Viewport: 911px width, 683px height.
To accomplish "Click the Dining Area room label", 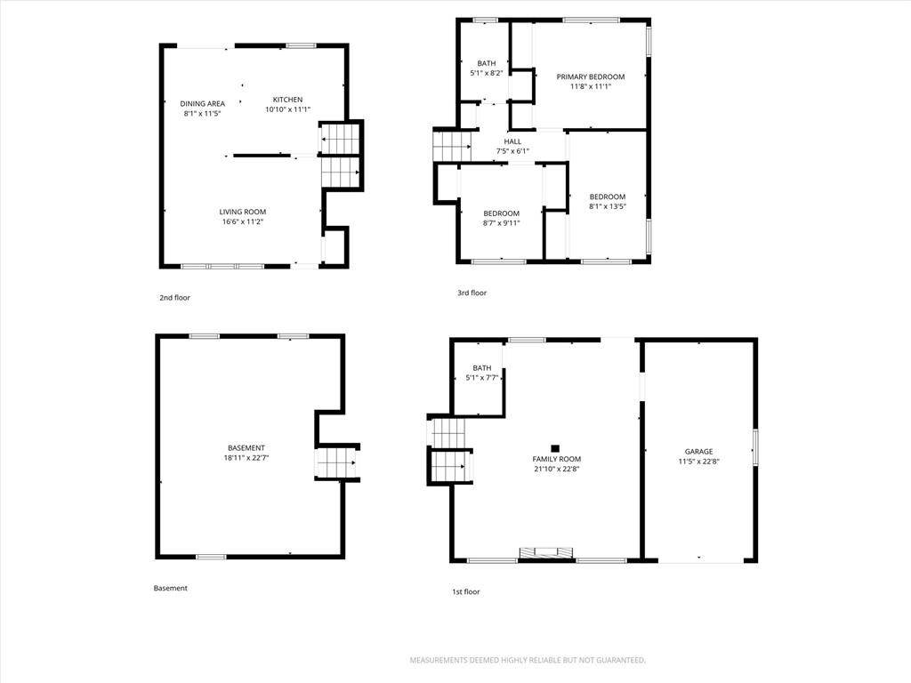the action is [202, 104].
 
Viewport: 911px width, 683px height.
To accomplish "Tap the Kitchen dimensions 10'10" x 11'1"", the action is [288, 109].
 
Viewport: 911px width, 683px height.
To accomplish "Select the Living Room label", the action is [243, 212].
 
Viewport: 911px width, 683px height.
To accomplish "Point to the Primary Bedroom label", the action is [591, 76].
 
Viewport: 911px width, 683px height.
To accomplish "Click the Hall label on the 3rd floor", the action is [512, 141].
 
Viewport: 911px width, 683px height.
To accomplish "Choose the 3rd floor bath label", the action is [487, 63].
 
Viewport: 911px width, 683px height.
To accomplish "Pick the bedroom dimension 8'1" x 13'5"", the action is [608, 206].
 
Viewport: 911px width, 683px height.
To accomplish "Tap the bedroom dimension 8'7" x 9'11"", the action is [502, 223].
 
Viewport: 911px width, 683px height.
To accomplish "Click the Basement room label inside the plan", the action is [246, 448].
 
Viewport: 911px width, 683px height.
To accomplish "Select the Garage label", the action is [699, 451].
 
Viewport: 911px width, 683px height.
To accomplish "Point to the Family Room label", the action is [557, 459].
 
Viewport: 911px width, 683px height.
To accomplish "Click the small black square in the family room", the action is [555, 448].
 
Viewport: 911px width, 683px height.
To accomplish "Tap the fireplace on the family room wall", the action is [546, 552].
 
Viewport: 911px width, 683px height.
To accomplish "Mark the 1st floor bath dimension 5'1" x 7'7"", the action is [482, 377].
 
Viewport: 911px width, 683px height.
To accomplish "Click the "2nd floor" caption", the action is [175, 297].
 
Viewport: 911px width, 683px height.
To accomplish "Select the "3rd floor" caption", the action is [472, 293].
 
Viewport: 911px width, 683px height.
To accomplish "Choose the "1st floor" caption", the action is [466, 591].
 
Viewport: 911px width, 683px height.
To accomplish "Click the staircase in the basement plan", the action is [335, 462].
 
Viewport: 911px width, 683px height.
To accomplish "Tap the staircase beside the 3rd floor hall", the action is [452, 146].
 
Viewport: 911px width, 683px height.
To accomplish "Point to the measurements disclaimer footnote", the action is [528, 661].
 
